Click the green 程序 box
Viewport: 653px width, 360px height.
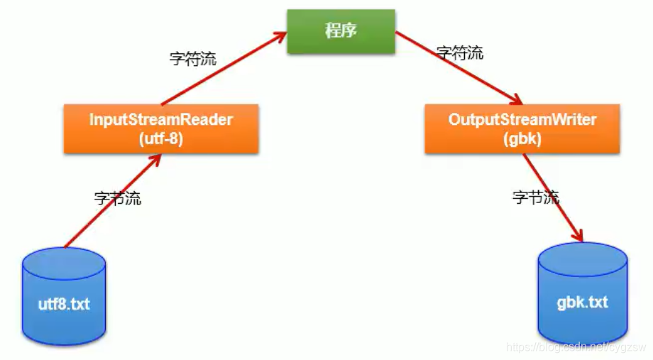point(341,31)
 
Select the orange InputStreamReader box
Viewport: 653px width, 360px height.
point(161,129)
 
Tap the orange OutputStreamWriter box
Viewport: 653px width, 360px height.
point(522,129)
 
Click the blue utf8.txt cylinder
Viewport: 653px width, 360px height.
point(64,298)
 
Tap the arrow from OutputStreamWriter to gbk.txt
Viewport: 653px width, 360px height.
point(554,199)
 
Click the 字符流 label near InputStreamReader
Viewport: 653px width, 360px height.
point(192,59)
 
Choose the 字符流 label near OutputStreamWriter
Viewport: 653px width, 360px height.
point(460,53)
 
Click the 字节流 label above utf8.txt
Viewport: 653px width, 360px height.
point(117,198)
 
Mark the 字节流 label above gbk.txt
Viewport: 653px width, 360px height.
point(536,197)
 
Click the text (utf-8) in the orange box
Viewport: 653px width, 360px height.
point(161,139)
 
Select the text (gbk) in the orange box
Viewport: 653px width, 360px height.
point(522,139)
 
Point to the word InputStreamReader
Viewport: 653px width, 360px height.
point(161,119)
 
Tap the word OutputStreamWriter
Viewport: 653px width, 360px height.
point(522,119)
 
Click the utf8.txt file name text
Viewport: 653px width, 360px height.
point(64,305)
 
